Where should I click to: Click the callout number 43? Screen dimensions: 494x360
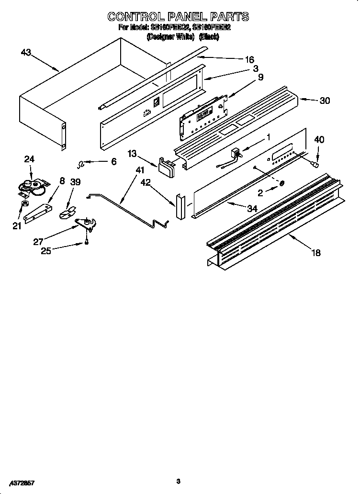pos(26,52)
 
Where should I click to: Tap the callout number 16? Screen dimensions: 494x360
pos(249,60)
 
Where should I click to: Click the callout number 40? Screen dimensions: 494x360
pos(319,140)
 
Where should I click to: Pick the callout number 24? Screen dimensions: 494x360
pos(30,159)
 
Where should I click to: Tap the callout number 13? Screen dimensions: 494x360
pos(132,153)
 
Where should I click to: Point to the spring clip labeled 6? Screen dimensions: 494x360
pos(82,164)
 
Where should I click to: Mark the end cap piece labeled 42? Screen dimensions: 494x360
pos(179,206)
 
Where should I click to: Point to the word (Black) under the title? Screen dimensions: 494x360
pos(209,37)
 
